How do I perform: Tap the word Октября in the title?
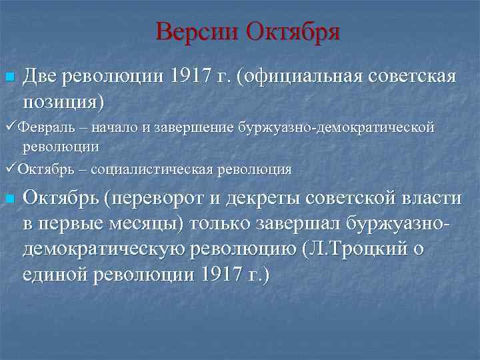[293, 31]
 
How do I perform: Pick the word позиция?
[61, 101]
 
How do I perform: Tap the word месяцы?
[141, 223]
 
